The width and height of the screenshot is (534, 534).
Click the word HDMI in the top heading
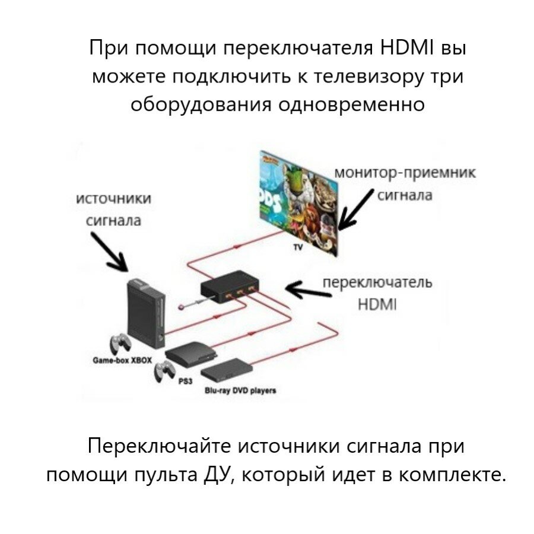coord(404,47)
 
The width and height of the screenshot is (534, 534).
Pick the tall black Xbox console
coord(145,314)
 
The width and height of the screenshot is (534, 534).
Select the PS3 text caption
coord(185,382)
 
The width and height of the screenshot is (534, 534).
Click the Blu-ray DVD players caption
coord(240,390)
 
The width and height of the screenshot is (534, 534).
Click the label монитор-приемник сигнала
coord(405,183)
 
